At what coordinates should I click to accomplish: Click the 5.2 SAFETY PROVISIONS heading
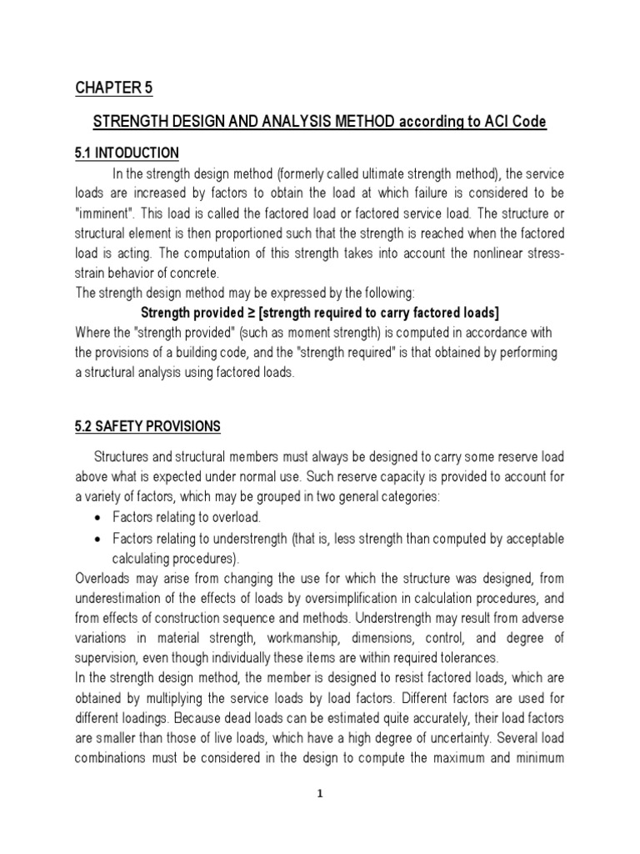coord(147,426)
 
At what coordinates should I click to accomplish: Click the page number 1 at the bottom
coord(319,794)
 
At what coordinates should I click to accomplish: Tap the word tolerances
coord(465,657)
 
